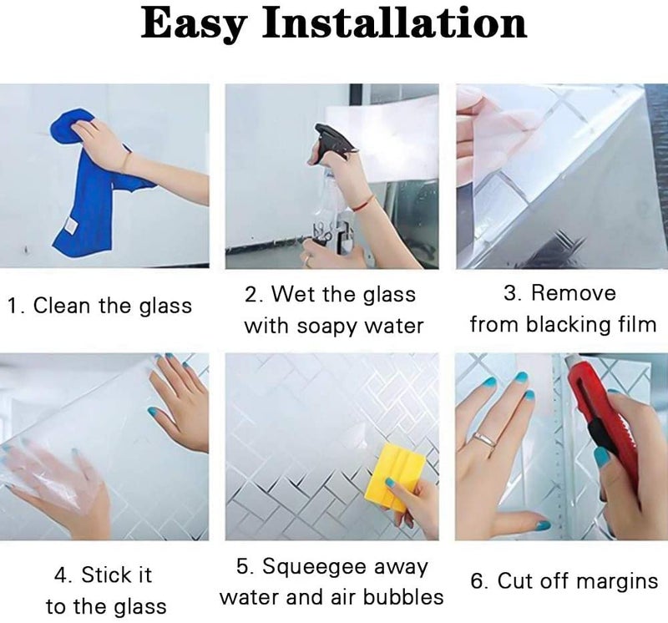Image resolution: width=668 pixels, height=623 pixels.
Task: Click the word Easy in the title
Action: (x=194, y=24)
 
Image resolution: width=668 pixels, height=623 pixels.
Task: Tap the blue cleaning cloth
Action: (x=94, y=183)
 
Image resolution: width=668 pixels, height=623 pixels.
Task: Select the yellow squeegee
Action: (x=395, y=477)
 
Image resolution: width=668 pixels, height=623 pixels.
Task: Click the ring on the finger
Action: (x=485, y=440)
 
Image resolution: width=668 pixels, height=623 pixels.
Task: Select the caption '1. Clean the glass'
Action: (x=100, y=306)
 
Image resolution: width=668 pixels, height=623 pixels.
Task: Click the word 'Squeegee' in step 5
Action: (x=315, y=567)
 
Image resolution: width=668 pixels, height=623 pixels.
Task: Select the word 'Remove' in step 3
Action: (x=573, y=293)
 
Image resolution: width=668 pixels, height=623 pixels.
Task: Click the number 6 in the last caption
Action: (x=476, y=580)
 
